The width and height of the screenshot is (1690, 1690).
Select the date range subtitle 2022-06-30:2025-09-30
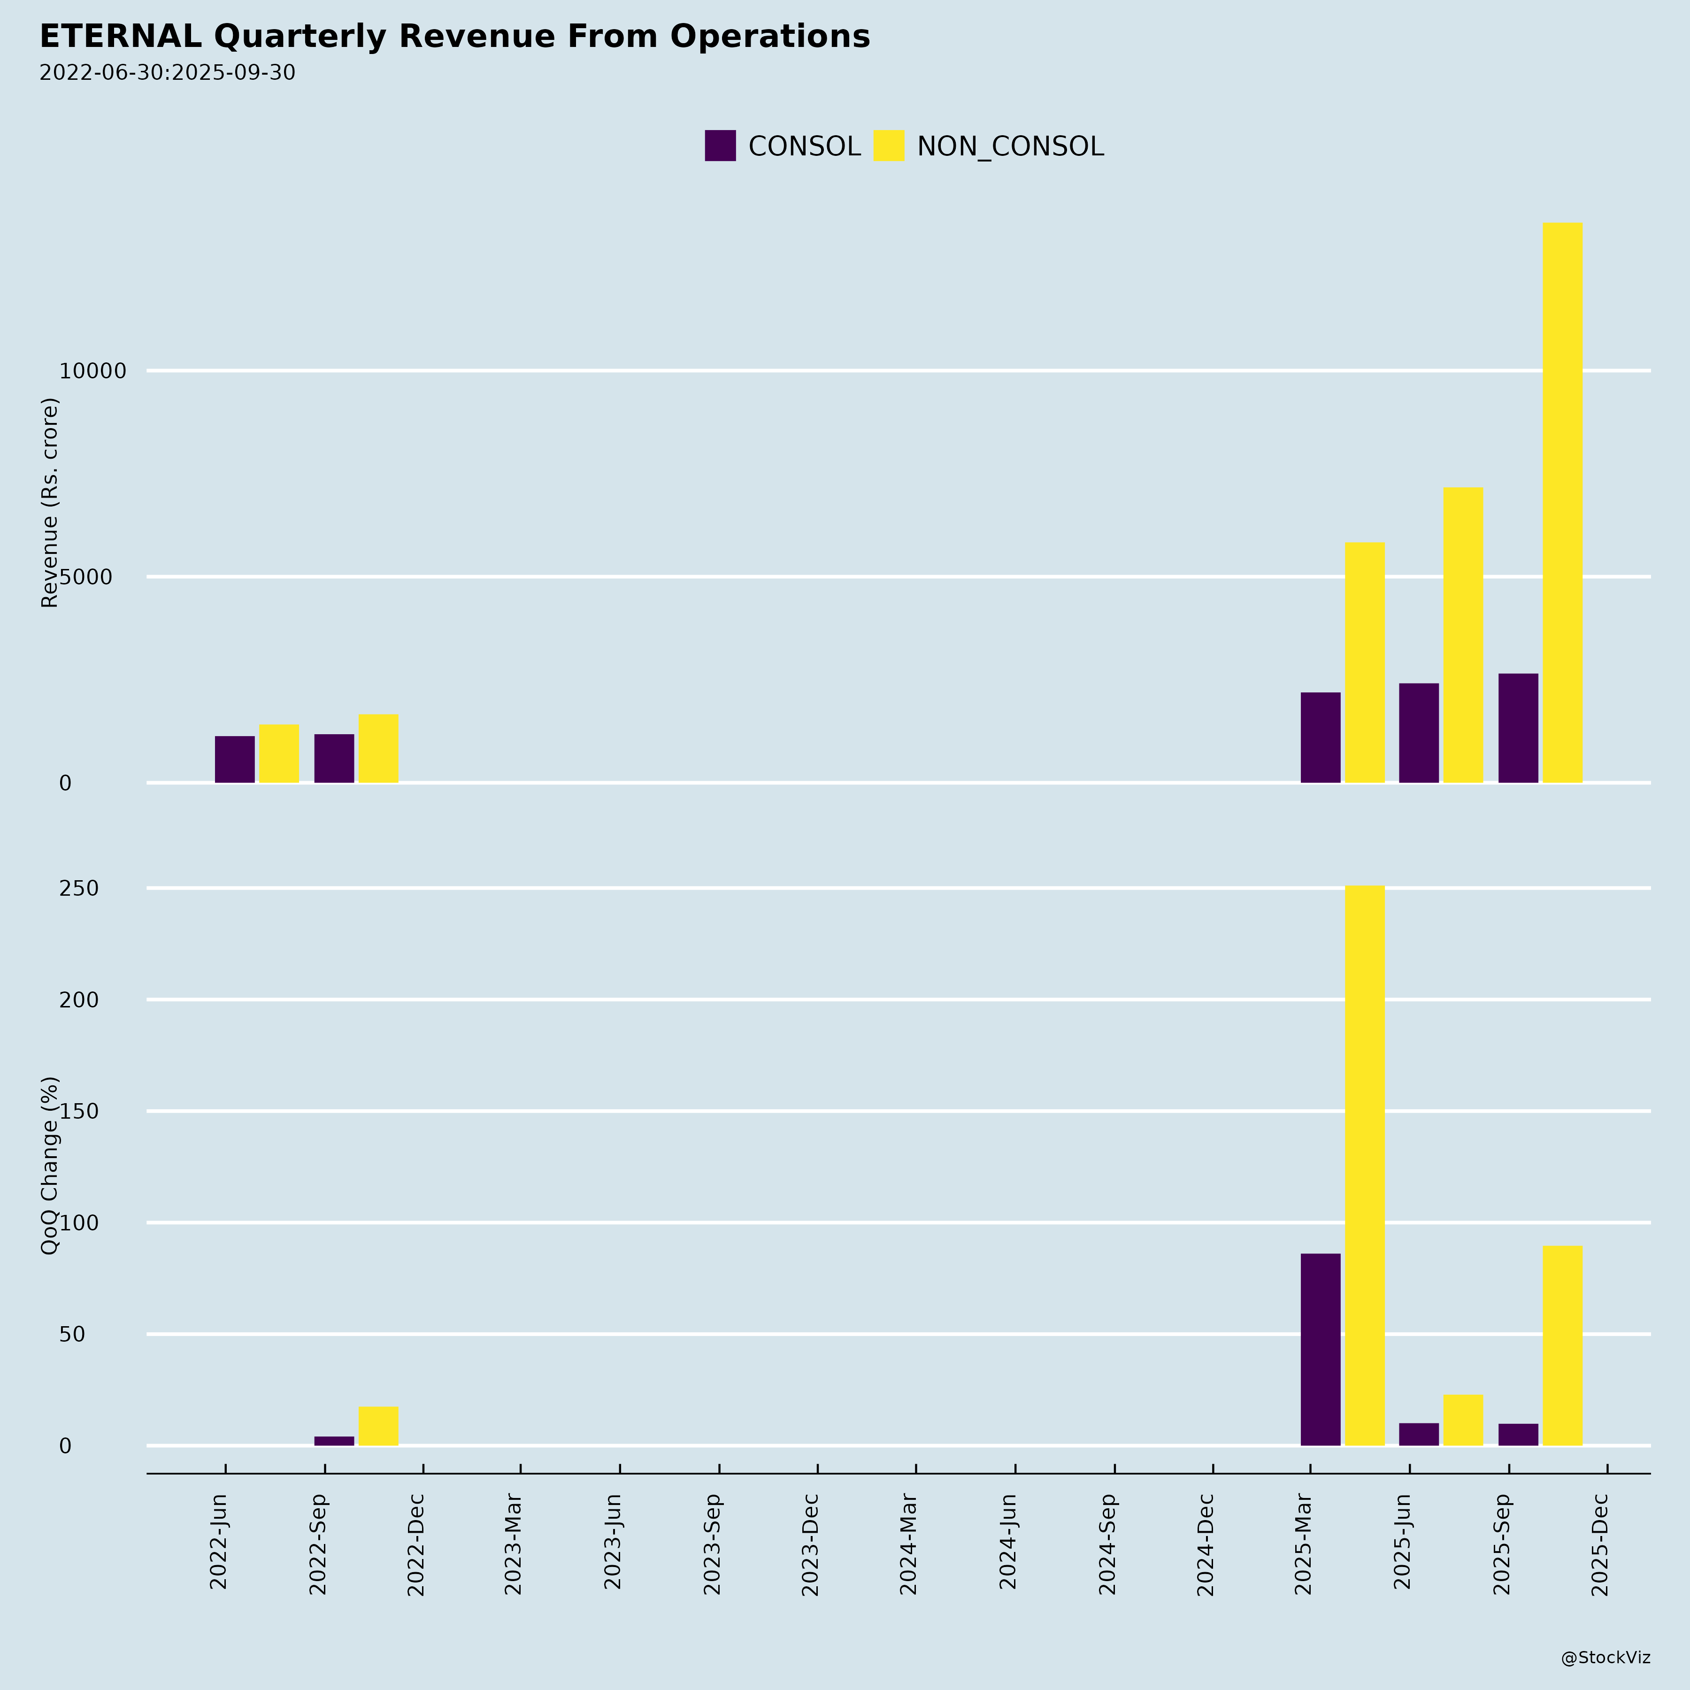coord(167,73)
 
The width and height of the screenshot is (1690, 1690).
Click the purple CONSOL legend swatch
coord(720,145)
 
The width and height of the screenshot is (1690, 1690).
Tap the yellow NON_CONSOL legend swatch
coord(889,145)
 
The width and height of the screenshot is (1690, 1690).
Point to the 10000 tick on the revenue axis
coord(93,371)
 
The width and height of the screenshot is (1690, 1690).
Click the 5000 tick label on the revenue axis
coord(86,577)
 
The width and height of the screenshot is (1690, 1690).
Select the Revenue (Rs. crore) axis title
coord(50,503)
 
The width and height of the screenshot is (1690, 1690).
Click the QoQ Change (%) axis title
coord(50,1165)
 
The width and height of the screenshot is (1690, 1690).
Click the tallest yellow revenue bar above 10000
coord(1562,503)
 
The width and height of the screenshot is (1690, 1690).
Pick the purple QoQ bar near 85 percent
coord(1320,1350)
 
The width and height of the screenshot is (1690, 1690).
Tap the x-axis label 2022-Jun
coord(219,1544)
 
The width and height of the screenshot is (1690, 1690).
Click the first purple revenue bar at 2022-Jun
coord(234,759)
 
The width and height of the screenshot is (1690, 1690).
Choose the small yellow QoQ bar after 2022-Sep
coord(378,1426)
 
